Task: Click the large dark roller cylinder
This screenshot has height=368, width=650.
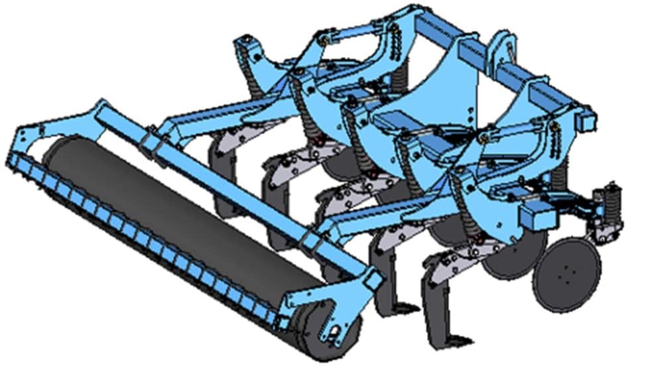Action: click(x=179, y=219)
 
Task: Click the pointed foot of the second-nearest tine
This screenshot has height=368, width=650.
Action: click(x=398, y=308)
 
